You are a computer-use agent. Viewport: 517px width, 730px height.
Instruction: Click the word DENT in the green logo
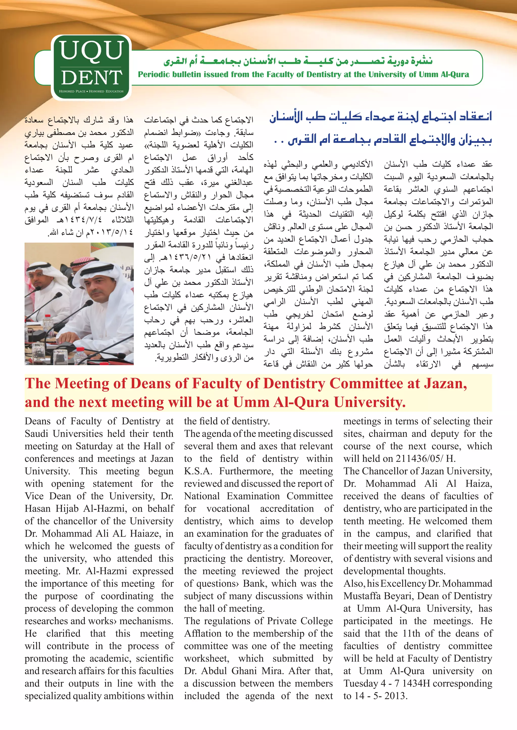click(x=92, y=77)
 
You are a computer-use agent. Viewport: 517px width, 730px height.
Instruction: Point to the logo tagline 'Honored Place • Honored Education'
click(x=91, y=91)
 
